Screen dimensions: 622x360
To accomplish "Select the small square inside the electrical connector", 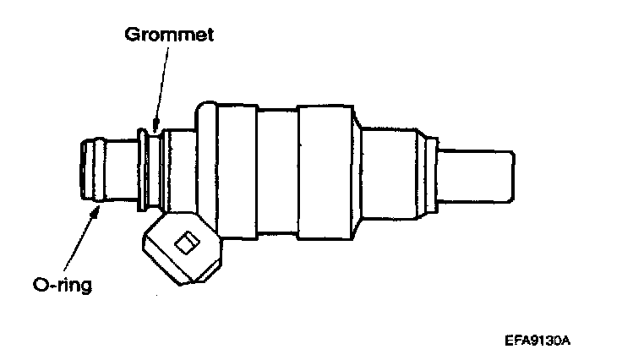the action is coord(183,245).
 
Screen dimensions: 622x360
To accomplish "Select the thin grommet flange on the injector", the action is coord(139,169).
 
